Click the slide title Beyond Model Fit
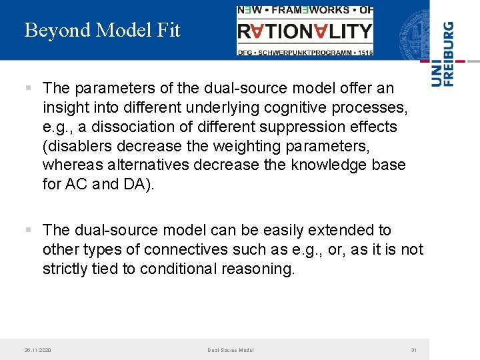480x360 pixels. [x=102, y=31]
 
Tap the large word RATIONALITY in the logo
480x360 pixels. [x=305, y=31]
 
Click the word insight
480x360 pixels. [x=65, y=107]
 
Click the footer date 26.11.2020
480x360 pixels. [x=37, y=350]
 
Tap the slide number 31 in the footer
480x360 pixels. [x=413, y=350]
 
